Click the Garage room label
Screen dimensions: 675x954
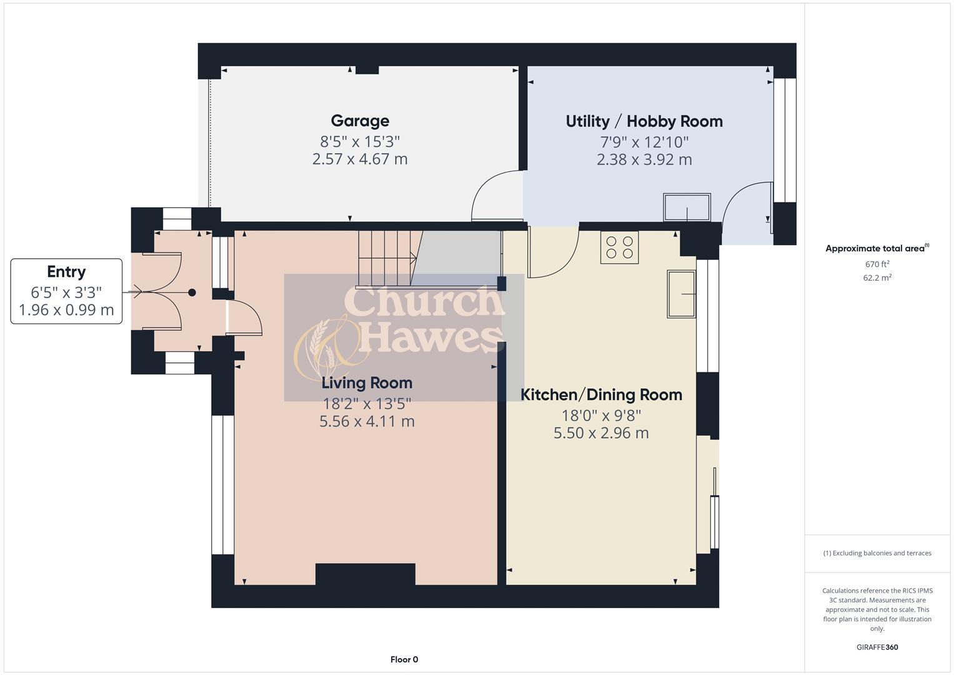click(x=360, y=121)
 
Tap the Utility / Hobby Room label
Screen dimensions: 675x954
click(x=644, y=121)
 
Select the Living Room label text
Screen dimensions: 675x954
click(x=367, y=382)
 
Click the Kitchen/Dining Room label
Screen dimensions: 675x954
click(x=601, y=394)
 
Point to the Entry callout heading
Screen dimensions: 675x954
click(x=66, y=272)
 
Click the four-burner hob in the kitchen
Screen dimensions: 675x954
click(x=620, y=247)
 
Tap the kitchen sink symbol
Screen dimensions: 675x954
click(x=681, y=294)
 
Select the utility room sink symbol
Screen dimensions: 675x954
click(x=687, y=207)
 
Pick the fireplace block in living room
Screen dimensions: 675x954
click(x=365, y=574)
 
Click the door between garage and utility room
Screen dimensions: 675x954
click(x=497, y=197)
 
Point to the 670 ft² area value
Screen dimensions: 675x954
click(x=877, y=264)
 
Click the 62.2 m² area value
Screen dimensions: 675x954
click(x=877, y=278)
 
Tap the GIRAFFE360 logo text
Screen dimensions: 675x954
click(x=877, y=647)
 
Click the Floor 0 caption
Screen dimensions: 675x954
click(x=404, y=659)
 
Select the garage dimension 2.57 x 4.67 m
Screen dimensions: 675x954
click(x=360, y=159)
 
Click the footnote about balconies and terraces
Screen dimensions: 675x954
click(x=877, y=553)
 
